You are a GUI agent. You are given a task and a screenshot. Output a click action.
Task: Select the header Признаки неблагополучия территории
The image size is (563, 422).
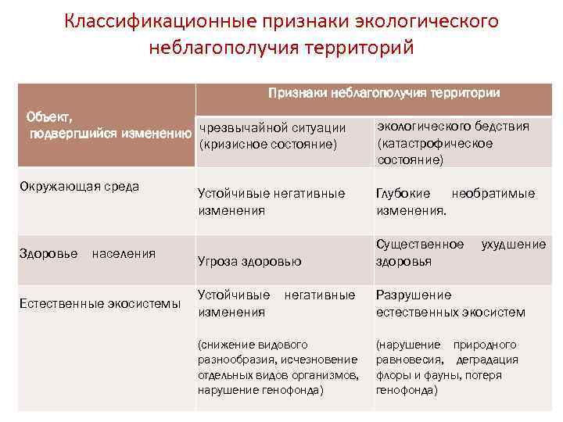click(384, 93)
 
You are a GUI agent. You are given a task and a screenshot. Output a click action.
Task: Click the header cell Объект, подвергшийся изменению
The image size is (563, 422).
click(109, 126)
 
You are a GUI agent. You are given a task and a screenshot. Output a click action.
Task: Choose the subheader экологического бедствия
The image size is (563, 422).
click(453, 127)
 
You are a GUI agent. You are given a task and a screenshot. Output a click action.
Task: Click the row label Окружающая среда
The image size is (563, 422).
click(80, 186)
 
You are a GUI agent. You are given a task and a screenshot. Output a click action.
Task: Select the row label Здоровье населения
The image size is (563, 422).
click(87, 253)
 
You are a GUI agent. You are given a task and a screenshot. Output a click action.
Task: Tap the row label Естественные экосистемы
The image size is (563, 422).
click(99, 303)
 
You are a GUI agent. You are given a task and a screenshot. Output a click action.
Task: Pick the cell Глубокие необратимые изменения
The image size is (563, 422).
click(455, 202)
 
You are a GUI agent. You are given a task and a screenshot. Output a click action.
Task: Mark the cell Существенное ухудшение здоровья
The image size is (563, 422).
click(461, 252)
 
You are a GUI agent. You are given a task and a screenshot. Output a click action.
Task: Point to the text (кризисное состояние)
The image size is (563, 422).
click(267, 144)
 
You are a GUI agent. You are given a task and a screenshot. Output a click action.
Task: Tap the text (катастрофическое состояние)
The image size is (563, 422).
click(435, 151)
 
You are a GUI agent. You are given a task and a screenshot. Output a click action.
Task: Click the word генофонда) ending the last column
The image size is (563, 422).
click(407, 390)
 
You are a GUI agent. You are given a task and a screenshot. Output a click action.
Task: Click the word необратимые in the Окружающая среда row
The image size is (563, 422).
click(493, 193)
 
